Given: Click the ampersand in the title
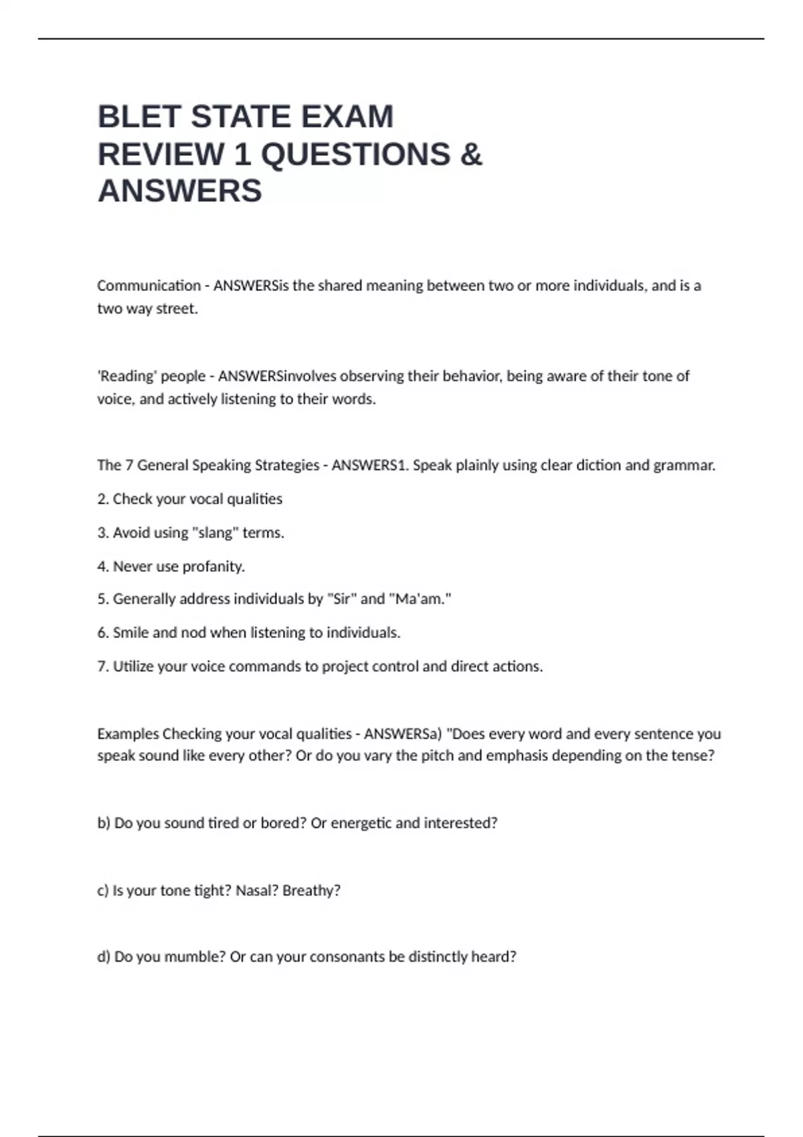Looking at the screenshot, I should (x=471, y=154).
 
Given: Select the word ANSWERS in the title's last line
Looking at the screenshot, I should (x=179, y=191).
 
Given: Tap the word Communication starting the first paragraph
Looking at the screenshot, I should (x=149, y=286).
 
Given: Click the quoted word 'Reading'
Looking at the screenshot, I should (x=126, y=376).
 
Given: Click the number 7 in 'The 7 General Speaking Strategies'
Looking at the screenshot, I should (x=128, y=465).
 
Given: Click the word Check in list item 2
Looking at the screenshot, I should (x=132, y=499).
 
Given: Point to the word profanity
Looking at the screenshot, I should (x=213, y=566).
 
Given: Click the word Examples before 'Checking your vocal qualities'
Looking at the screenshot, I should (x=128, y=734).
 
